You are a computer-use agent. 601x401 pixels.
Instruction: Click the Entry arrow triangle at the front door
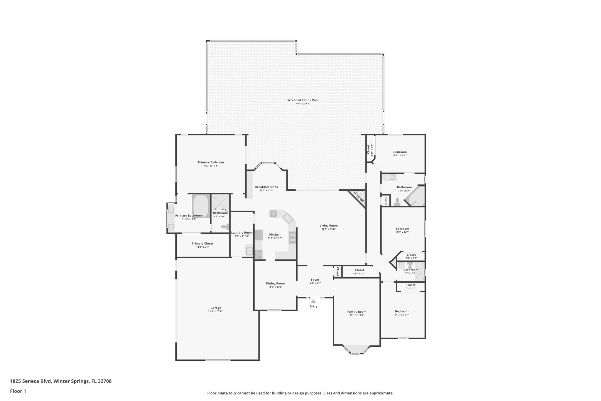click(x=313, y=301)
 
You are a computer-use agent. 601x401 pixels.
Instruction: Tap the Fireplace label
click(x=359, y=197)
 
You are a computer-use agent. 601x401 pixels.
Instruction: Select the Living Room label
click(x=329, y=226)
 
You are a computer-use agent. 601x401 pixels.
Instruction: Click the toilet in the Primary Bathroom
click(x=225, y=226)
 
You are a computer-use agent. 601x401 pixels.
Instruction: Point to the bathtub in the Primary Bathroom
click(x=201, y=205)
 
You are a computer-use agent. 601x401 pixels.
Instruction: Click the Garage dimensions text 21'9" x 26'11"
click(x=215, y=311)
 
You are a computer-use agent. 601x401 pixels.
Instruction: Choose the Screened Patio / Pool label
click(x=303, y=100)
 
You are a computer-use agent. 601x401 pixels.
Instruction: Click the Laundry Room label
click(x=242, y=233)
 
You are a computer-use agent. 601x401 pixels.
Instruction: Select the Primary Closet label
click(x=202, y=244)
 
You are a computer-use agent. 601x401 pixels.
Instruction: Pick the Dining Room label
click(x=275, y=283)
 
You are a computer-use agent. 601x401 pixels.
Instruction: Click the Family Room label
click(x=357, y=312)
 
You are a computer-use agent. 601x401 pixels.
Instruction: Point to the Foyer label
click(x=315, y=280)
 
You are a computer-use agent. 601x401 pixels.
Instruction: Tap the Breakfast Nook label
click(x=266, y=187)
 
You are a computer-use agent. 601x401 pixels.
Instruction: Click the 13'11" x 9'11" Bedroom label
click(x=400, y=152)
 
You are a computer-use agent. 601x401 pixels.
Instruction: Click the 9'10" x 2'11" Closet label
click(x=359, y=270)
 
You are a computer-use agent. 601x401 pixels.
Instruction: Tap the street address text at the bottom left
click(x=61, y=381)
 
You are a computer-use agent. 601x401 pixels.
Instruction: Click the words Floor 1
click(x=18, y=391)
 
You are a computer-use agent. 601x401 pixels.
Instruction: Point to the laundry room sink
click(x=249, y=251)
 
